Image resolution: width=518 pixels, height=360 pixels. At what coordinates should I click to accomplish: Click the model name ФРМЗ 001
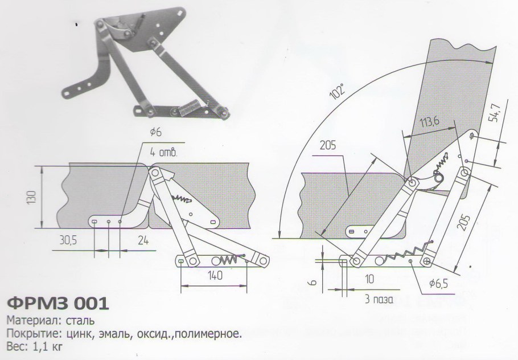click(x=56, y=302)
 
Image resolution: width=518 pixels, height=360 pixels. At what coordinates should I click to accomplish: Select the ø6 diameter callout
click(x=157, y=132)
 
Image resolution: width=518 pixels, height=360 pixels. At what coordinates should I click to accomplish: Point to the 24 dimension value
click(x=143, y=241)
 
